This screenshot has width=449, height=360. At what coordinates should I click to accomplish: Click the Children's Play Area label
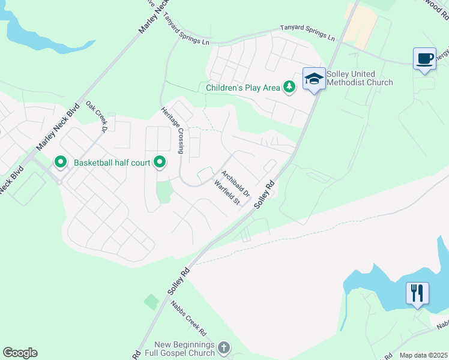[x=243, y=88]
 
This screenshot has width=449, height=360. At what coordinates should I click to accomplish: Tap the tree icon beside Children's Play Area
[x=289, y=88]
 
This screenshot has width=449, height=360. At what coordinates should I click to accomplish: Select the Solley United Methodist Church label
[x=360, y=78]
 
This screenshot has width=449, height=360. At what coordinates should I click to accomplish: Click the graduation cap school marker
[x=314, y=79]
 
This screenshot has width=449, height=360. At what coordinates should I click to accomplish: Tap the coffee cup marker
[x=424, y=59]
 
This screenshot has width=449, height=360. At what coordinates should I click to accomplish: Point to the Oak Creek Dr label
[x=96, y=116]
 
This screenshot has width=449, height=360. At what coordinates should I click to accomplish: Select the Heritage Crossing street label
[x=173, y=131]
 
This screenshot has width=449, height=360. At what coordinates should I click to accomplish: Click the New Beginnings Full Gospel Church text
[x=184, y=349]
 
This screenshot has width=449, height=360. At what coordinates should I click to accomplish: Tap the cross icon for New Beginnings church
[x=223, y=348]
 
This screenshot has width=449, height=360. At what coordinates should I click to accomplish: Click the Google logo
[x=20, y=353]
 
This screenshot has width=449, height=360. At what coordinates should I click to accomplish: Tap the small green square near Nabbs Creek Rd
[x=151, y=302]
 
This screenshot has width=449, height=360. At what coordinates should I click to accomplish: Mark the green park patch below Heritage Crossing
[x=163, y=191]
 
